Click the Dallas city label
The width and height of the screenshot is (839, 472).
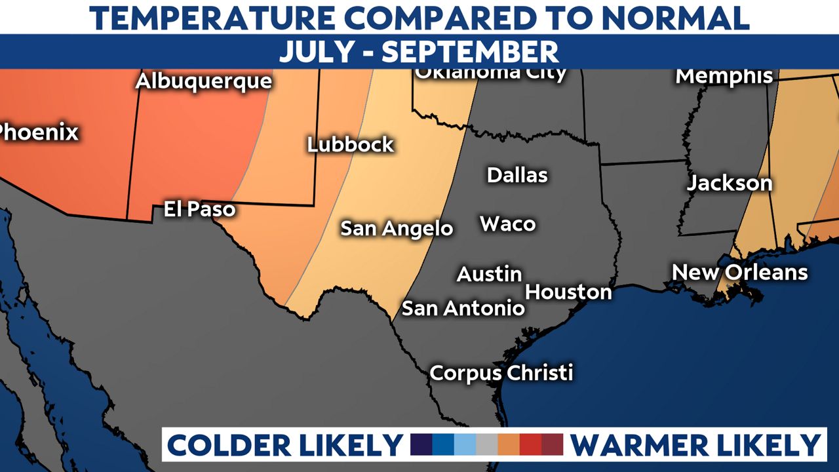pos(517,175)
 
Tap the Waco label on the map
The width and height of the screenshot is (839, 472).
pos(508,224)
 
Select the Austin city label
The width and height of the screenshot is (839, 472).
pos(490,274)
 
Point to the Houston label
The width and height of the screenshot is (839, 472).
pos(568,292)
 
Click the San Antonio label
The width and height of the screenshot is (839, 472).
pos(463,308)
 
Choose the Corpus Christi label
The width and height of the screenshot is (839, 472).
pos(501,373)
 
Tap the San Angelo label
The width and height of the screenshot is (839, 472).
pos(397,228)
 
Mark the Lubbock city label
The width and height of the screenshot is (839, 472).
pos(351,144)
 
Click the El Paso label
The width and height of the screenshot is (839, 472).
pos(199,210)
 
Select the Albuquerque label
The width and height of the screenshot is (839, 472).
pos(203,82)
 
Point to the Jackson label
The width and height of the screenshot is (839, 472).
pos(730,184)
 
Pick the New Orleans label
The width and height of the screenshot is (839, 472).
pos(740,272)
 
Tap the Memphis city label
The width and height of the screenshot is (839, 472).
pos(724,76)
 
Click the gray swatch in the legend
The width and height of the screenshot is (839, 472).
pos(487,444)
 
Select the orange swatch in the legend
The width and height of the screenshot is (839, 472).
pos(509,444)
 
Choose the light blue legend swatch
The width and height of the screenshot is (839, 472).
pos(465,444)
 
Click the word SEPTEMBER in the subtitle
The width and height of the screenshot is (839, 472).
pos(470,52)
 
